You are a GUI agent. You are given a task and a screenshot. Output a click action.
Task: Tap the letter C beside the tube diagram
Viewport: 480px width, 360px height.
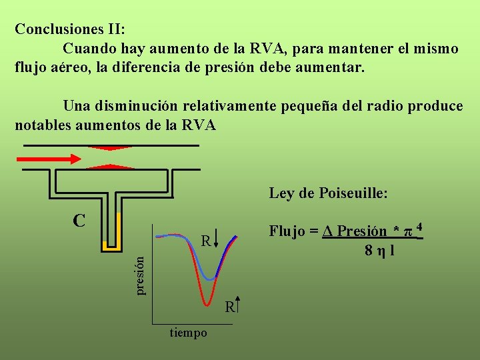coord(79,220)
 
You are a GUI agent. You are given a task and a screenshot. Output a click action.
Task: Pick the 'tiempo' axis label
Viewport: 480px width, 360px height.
coord(188,333)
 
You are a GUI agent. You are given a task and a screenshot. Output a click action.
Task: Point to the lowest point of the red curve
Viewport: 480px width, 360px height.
coord(209,303)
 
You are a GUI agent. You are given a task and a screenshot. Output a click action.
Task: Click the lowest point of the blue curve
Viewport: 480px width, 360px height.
coord(211,278)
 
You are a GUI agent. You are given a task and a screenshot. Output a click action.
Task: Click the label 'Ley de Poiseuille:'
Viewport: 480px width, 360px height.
coord(329,193)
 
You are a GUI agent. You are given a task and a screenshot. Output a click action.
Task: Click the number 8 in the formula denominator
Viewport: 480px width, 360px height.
coord(368,251)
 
